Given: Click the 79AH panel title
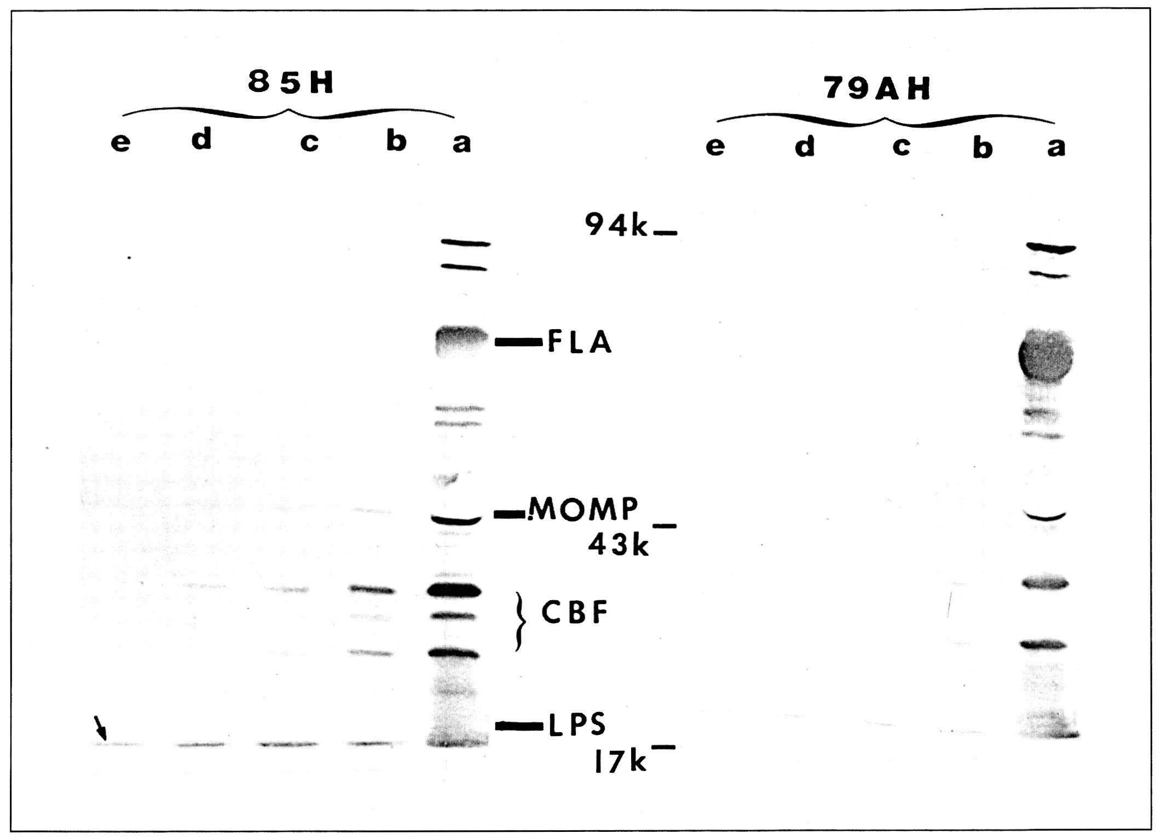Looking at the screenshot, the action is click(x=877, y=89).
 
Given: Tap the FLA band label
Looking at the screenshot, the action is click(x=580, y=343).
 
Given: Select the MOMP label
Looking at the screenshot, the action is click(x=584, y=509).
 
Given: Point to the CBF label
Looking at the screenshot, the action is click(x=575, y=613).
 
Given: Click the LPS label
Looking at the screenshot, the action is click(x=577, y=724).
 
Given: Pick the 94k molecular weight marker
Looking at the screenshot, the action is click(x=616, y=225).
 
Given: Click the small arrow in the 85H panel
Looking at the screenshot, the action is click(x=101, y=728).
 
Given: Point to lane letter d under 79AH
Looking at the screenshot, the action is click(x=805, y=146).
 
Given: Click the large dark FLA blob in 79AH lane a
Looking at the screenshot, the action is click(x=1046, y=355).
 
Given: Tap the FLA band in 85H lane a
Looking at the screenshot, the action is click(x=461, y=341).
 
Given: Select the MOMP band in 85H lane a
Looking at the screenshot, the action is click(x=455, y=519).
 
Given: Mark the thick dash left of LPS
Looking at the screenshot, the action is click(x=518, y=726).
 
